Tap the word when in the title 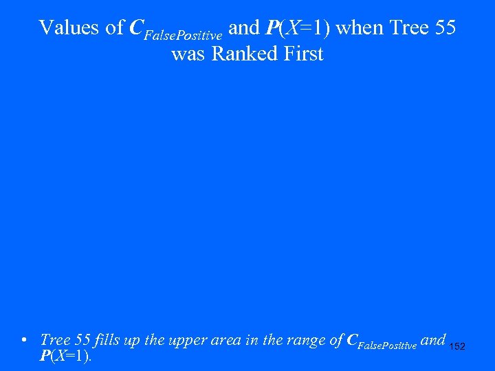coord(360,27)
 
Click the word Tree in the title coord(408,27)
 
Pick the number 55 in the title coord(444,27)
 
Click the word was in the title coord(189,54)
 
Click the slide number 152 coord(457,347)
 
